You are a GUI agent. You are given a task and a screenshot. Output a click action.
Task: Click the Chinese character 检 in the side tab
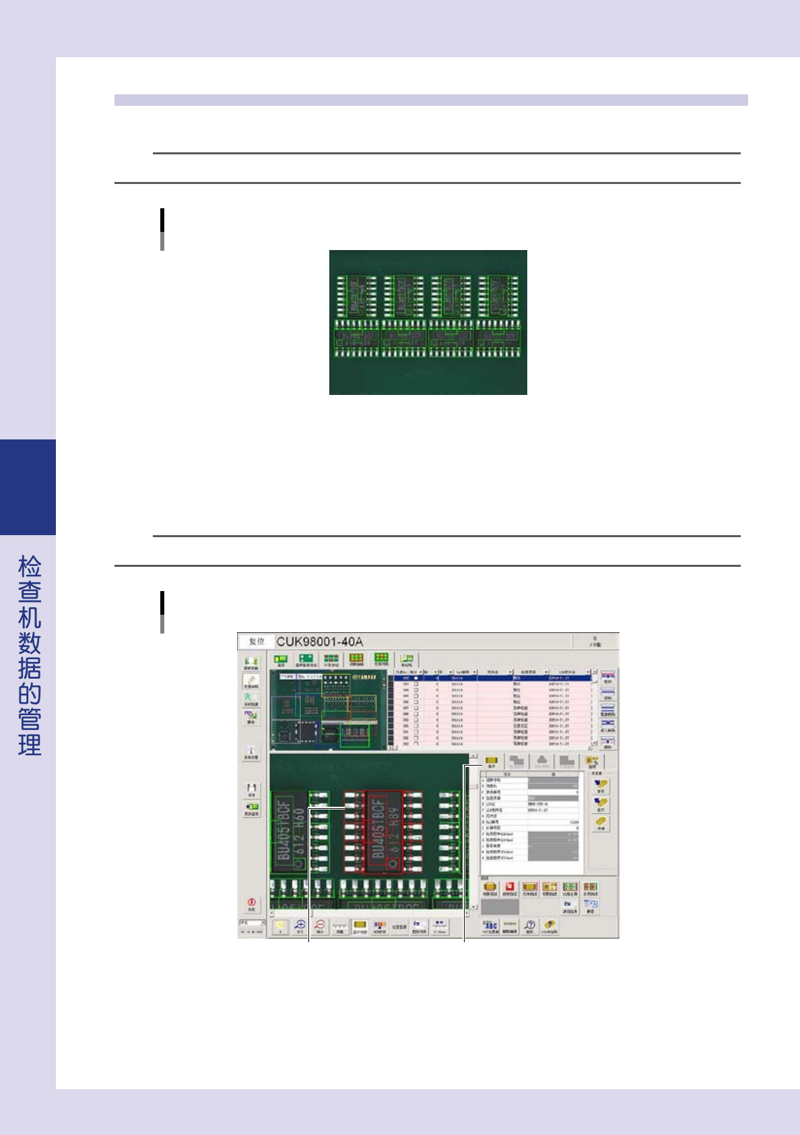point(30,567)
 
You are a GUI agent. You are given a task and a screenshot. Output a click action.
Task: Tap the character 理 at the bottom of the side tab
point(30,745)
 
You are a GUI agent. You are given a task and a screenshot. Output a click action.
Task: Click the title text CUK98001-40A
point(319,641)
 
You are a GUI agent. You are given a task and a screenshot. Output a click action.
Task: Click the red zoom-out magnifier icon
point(321,925)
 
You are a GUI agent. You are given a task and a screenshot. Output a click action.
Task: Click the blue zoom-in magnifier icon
point(300,925)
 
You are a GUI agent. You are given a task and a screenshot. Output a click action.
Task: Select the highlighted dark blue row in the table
point(492,678)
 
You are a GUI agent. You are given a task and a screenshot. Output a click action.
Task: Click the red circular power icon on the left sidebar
point(251,902)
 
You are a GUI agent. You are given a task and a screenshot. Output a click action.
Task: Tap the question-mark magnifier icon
point(530,925)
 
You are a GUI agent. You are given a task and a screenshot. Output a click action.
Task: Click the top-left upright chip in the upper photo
point(357,296)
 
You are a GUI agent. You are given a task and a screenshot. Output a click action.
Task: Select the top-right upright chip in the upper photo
point(498,296)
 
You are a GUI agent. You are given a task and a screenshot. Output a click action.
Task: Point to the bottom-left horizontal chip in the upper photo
point(357,337)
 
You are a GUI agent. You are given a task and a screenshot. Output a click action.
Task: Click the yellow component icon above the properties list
point(491,761)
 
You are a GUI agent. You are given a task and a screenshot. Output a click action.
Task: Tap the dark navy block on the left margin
point(28,487)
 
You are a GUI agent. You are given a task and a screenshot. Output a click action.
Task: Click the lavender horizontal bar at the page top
point(431,100)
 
